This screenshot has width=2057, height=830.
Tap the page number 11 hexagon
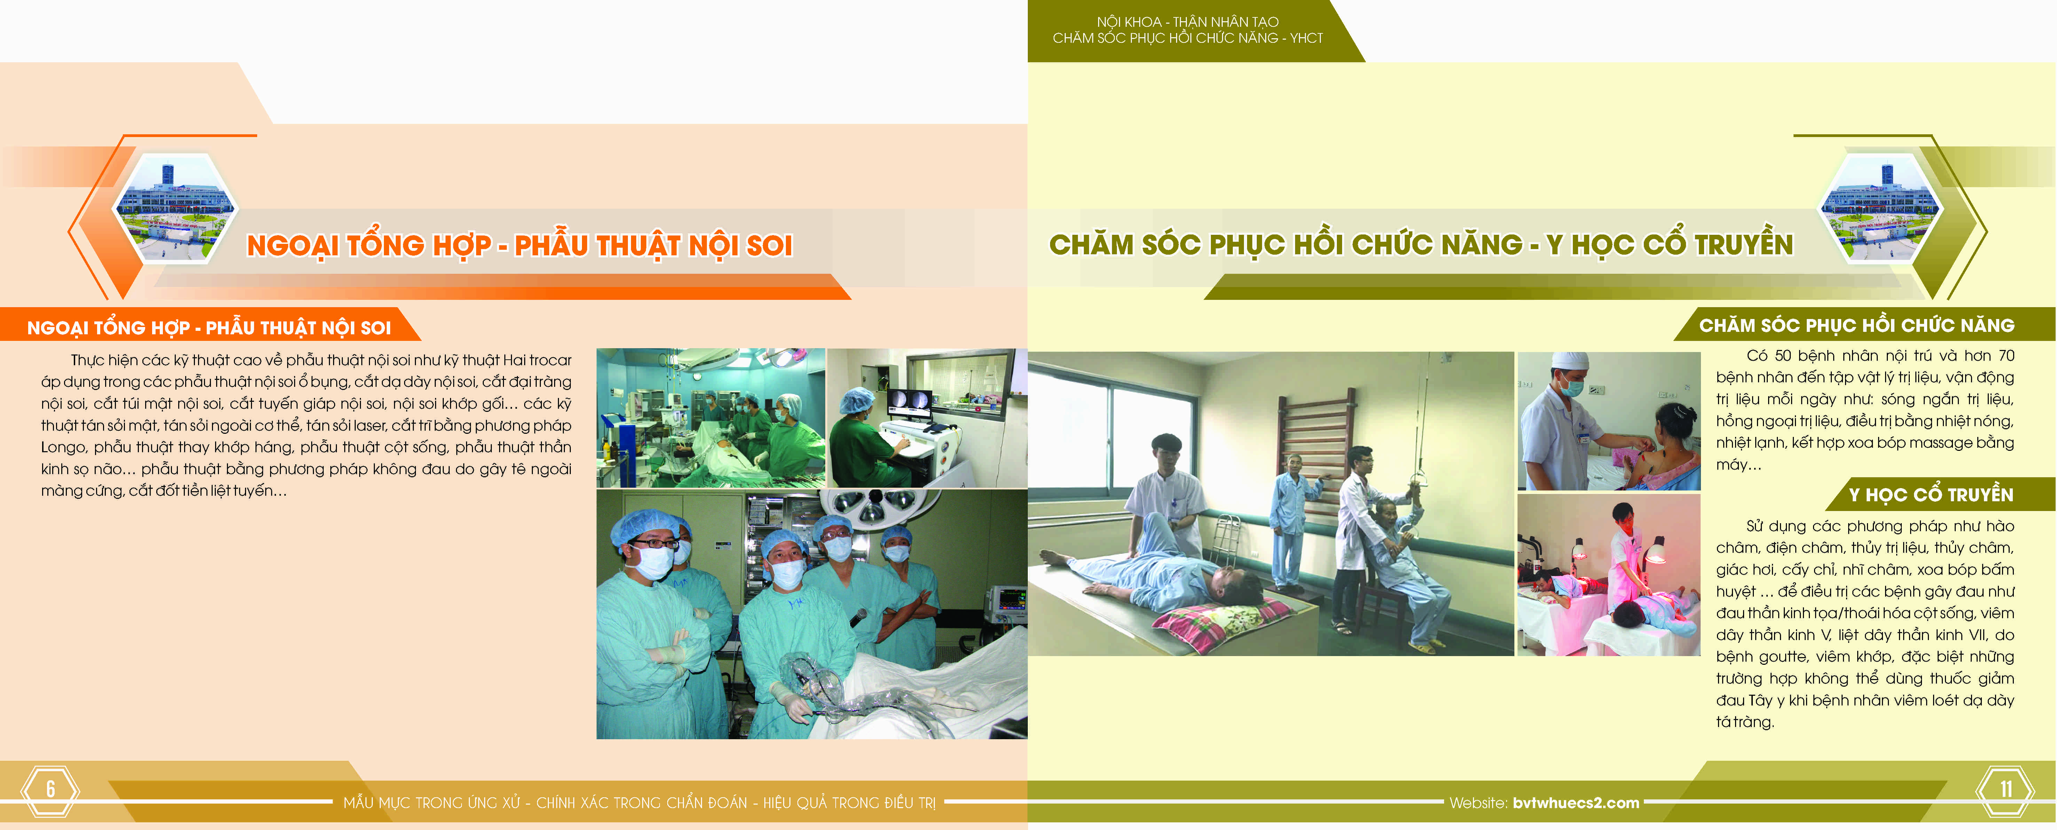[x=2005, y=790]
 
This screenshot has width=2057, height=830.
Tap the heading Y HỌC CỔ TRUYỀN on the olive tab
[x=1931, y=495]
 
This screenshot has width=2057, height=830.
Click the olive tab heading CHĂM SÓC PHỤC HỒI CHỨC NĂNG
[x=1857, y=326]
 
